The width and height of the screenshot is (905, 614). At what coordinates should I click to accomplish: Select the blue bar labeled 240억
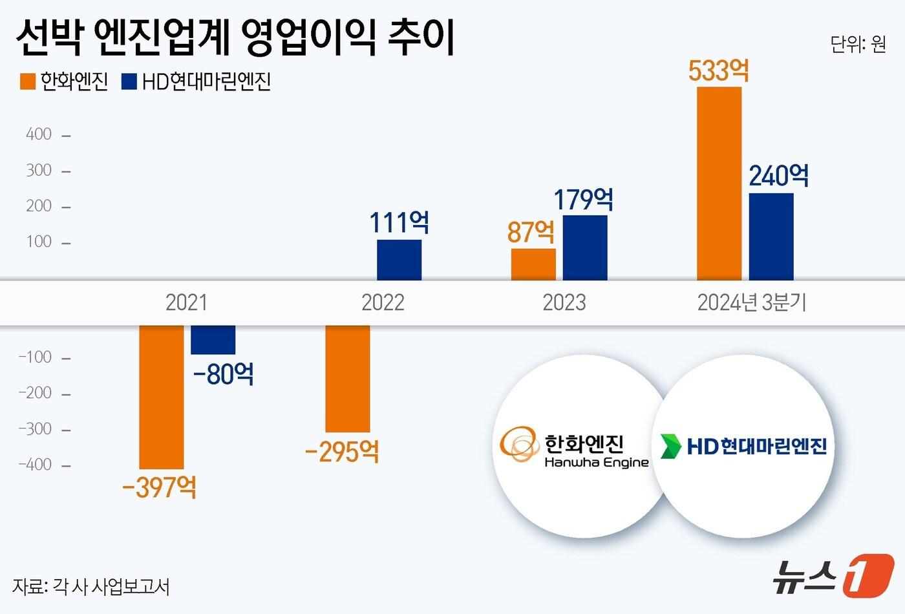tap(771, 237)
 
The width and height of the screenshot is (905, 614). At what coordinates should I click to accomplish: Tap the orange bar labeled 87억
tap(533, 264)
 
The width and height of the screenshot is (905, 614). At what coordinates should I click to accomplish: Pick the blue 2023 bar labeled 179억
tap(585, 248)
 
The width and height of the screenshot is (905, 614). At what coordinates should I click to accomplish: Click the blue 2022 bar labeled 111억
tap(399, 260)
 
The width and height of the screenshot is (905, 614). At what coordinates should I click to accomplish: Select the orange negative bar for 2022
tap(348, 378)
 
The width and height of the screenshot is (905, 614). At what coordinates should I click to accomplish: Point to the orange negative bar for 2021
tap(162, 397)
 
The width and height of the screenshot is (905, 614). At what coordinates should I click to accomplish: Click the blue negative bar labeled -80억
tap(213, 340)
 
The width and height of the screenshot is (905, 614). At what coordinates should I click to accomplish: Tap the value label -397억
tap(159, 487)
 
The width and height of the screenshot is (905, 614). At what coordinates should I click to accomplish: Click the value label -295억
tap(342, 451)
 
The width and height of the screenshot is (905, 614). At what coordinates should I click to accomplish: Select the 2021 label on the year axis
tap(186, 302)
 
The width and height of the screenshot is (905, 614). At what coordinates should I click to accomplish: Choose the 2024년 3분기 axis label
tap(751, 302)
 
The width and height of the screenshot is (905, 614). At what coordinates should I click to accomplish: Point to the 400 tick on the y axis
tap(39, 134)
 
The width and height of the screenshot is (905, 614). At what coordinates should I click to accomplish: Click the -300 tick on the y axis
tap(36, 429)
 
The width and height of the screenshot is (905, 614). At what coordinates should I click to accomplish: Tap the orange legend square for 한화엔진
tap(28, 81)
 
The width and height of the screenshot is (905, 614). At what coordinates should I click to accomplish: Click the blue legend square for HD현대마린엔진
tap(129, 81)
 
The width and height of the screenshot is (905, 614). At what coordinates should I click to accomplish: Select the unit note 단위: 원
tap(857, 44)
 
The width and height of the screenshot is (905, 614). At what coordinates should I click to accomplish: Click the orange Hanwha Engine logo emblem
tap(519, 443)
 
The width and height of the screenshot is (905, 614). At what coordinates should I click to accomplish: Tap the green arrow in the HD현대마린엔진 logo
tap(670, 446)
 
